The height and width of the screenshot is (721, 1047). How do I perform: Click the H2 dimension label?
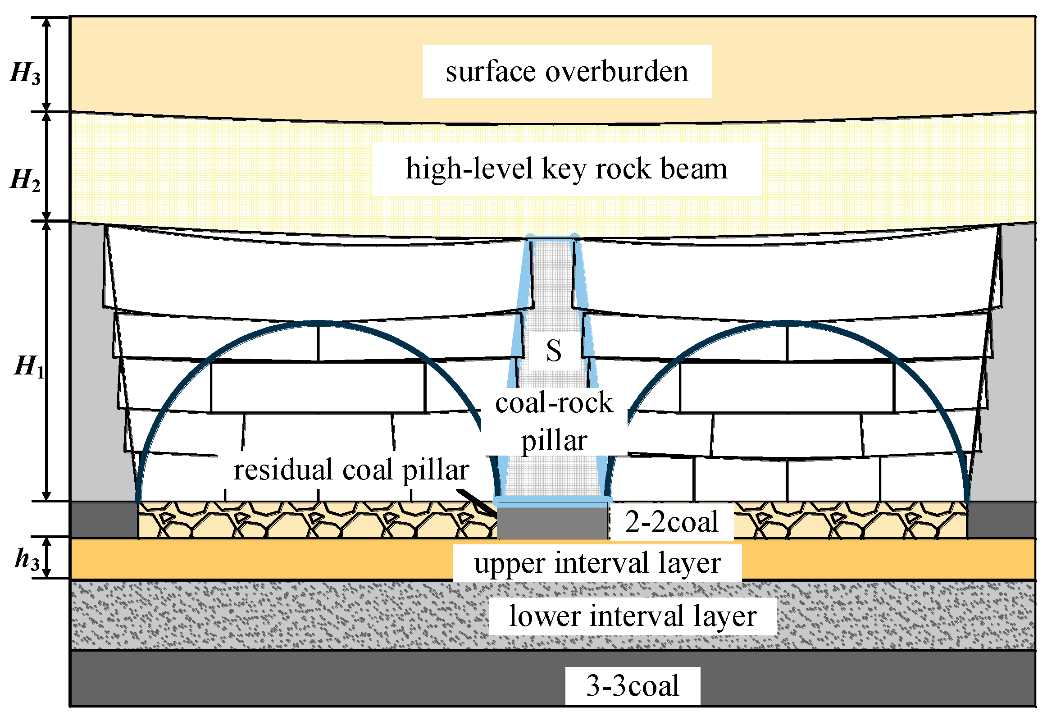tap(25, 180)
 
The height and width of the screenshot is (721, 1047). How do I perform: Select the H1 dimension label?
tap(29, 367)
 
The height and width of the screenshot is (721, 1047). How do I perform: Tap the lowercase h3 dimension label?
tap(27, 560)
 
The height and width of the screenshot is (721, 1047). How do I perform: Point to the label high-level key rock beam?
tap(566, 169)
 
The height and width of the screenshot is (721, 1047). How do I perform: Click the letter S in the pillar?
tap(554, 351)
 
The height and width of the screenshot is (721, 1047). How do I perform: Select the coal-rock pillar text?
tap(554, 421)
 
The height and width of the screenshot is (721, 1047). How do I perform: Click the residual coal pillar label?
tap(351, 470)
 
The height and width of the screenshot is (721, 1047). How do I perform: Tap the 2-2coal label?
tap(671, 522)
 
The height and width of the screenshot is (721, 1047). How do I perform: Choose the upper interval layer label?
tap(597, 563)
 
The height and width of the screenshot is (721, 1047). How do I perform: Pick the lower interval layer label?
tap(633, 616)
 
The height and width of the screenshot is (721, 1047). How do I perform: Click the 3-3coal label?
tap(633, 686)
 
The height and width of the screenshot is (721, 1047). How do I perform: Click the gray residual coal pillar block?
tap(553, 523)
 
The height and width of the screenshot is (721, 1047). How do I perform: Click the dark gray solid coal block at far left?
tap(104, 520)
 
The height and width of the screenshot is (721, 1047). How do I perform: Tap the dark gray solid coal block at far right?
tap(1001, 520)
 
